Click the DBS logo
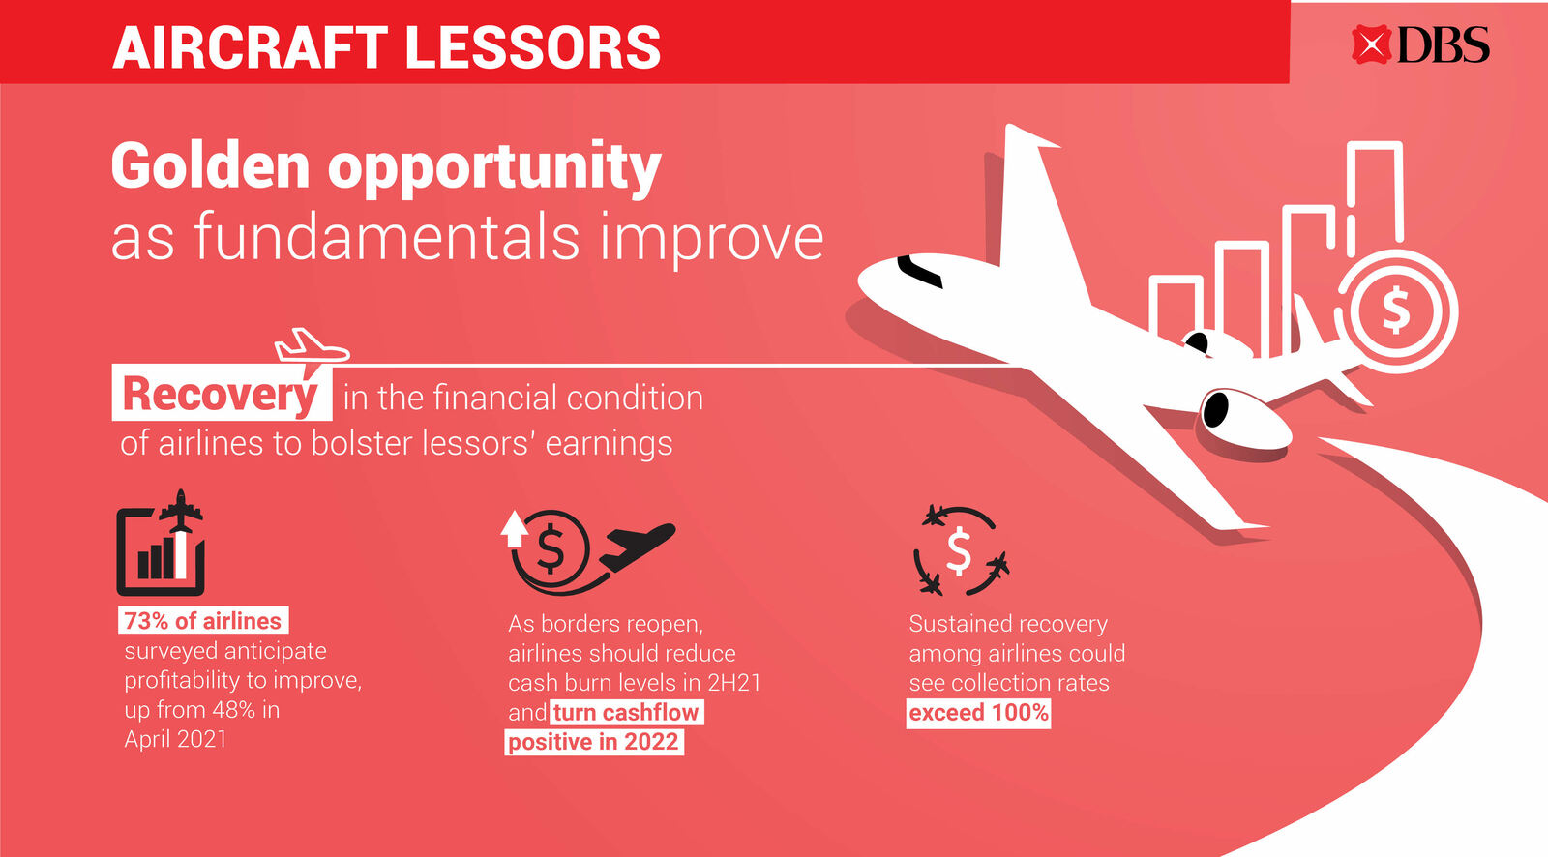(x=1421, y=44)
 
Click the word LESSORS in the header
(x=533, y=47)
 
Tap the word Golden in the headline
(x=210, y=165)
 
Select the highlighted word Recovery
(x=221, y=395)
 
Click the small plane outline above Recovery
(x=311, y=345)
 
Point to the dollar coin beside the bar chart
(x=1395, y=311)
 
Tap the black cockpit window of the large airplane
(x=919, y=272)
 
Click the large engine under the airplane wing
(x=1244, y=418)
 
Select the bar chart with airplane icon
(x=161, y=543)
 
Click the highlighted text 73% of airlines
(x=202, y=621)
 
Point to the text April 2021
(x=175, y=740)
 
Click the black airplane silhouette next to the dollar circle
(x=637, y=547)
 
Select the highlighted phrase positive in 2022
(x=594, y=742)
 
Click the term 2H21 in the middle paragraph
(x=734, y=683)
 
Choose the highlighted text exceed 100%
(x=978, y=713)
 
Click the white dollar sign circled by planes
(x=959, y=551)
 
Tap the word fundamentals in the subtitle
(x=386, y=238)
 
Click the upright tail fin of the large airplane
(x=1036, y=207)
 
